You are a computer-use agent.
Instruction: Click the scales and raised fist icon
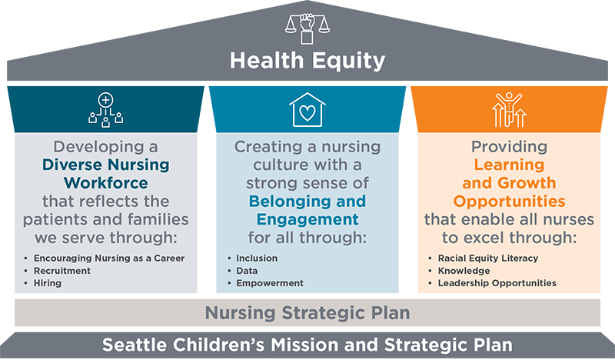point(307,28)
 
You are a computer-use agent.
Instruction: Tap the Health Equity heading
point(307,61)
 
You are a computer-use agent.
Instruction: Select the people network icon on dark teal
point(105,110)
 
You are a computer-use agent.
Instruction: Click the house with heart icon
point(307,109)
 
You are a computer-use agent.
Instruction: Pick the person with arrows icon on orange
point(509,109)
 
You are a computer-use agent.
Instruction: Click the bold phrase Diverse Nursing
point(106,165)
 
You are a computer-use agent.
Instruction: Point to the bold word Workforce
point(106,183)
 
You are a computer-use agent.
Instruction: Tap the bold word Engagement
point(307,219)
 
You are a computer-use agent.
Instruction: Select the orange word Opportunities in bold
point(509,202)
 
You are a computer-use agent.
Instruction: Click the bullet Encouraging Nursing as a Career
point(109,258)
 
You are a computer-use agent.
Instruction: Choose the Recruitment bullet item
point(62,271)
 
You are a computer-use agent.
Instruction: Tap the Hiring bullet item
point(48,283)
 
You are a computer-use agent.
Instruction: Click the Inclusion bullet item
point(257,258)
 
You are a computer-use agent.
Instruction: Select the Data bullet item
point(247,271)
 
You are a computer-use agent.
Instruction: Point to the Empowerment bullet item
point(270,283)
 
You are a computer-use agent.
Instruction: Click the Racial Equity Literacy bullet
point(488,258)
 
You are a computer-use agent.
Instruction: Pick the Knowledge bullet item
point(464,271)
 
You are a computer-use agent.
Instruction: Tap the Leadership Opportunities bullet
point(497,283)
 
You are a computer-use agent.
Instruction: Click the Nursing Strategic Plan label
point(307,313)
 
